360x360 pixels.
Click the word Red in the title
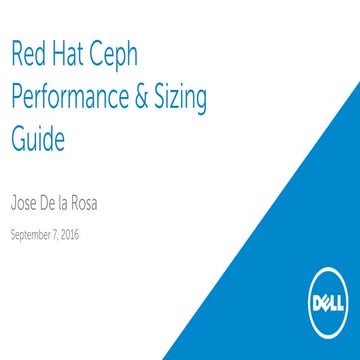coord(31,55)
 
